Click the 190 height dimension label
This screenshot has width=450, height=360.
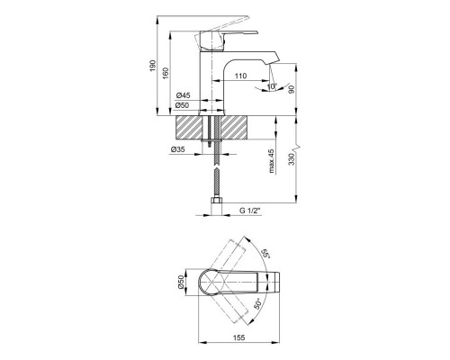[x=153, y=66]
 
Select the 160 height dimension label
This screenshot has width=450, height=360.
[x=166, y=74]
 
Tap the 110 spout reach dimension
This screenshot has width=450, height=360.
[x=240, y=76]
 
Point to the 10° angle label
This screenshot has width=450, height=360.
[x=272, y=86]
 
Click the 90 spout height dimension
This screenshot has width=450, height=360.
[x=292, y=90]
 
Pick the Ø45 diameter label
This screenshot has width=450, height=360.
[x=183, y=95]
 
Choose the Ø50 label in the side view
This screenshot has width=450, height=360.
[x=182, y=105]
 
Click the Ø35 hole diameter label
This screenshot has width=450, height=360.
[x=178, y=149]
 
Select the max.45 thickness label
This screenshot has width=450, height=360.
[x=272, y=161]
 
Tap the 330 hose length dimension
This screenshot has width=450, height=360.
[x=292, y=159]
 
